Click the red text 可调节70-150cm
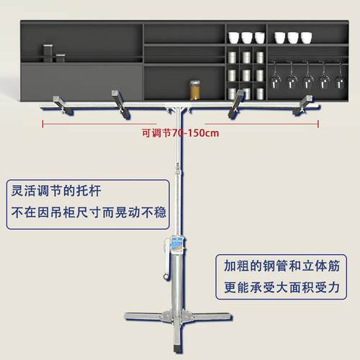(180, 133)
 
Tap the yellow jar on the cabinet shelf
(195, 90)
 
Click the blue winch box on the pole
(177, 245)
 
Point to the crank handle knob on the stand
(166, 276)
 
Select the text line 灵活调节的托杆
(56, 191)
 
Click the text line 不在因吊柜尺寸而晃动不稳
(89, 212)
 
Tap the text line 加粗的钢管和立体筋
(282, 266)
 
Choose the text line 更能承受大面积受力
(282, 287)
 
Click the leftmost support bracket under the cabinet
(63, 106)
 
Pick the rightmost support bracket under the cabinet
(303, 105)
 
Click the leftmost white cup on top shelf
(233, 37)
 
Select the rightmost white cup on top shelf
(306, 37)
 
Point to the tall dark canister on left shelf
(48, 53)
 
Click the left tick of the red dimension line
(42, 124)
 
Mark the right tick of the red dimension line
(318, 124)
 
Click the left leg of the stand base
(144, 316)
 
